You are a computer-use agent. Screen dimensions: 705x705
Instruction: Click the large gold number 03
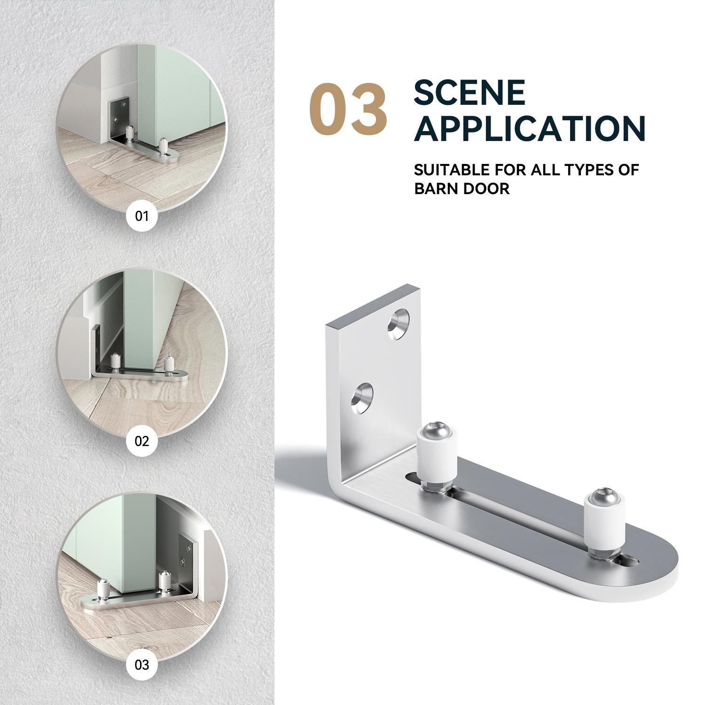coord(348,109)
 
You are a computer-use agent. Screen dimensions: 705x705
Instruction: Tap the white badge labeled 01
coord(141,216)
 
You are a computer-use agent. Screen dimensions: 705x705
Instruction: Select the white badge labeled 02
coord(141,441)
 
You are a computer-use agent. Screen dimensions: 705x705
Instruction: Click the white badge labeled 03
coord(141,665)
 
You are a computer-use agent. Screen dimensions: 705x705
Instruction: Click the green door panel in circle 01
coord(188,89)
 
